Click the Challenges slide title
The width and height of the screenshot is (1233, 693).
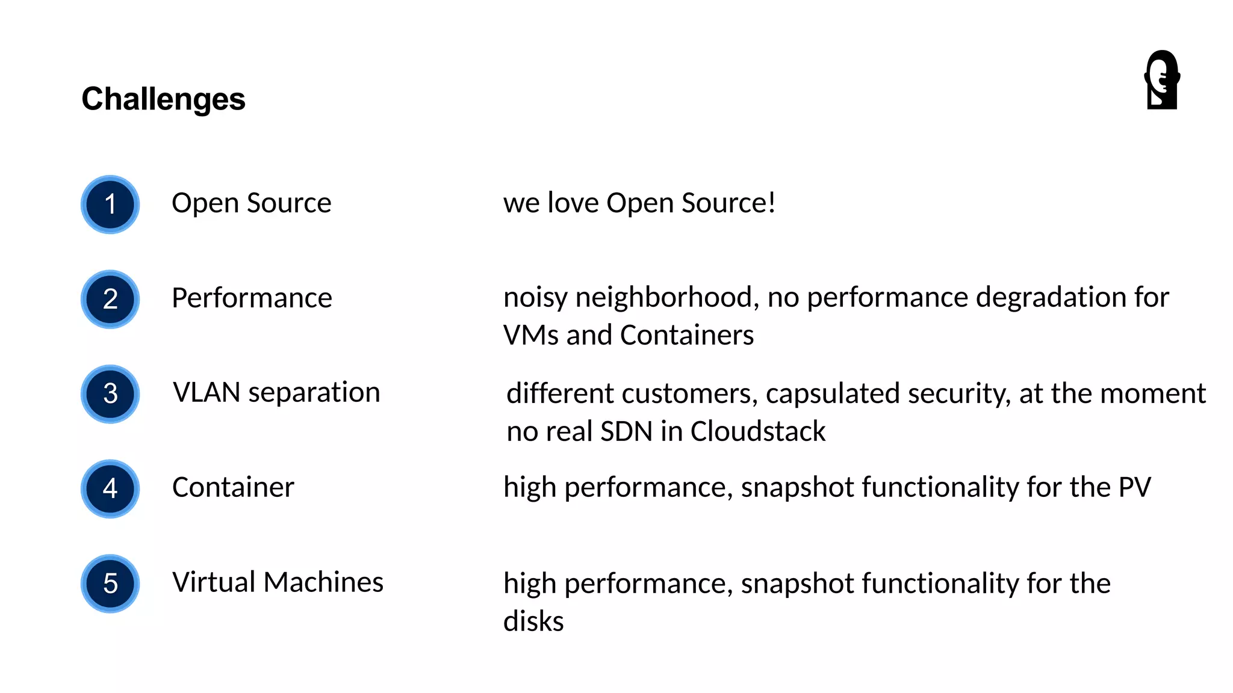(x=163, y=99)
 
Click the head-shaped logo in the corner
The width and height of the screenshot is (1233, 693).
(x=1162, y=80)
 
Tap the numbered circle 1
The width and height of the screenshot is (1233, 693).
(x=110, y=205)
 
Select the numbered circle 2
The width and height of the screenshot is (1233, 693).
(x=110, y=299)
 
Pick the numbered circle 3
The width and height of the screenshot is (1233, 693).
(x=110, y=394)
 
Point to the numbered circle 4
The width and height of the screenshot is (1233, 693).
(x=110, y=488)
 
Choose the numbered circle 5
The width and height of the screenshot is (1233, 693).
(x=110, y=584)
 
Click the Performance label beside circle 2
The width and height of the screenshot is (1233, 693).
(x=252, y=298)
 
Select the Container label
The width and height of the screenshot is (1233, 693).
(x=233, y=487)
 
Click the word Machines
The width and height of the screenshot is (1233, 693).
(x=323, y=582)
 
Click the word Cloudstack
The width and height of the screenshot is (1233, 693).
(x=757, y=431)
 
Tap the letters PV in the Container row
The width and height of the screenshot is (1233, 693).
(x=1134, y=487)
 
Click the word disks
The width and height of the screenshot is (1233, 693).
(x=533, y=621)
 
